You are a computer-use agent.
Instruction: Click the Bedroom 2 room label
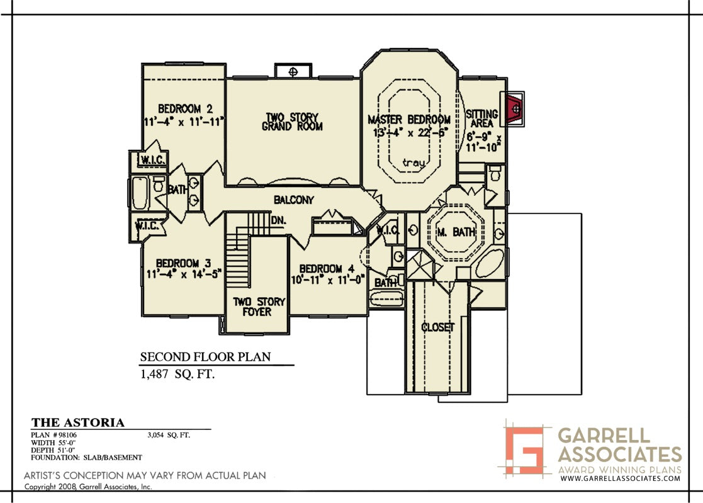(x=185, y=109)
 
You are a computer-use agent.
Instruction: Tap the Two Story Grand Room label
(x=292, y=122)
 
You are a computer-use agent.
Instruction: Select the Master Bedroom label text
(x=409, y=120)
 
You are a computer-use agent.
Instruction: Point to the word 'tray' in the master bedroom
(x=413, y=162)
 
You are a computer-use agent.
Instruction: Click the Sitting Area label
(x=482, y=118)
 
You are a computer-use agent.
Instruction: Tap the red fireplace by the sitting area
(x=514, y=109)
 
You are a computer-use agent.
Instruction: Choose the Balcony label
(x=294, y=200)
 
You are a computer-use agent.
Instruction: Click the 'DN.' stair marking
(x=278, y=220)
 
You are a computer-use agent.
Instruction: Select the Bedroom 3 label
(x=183, y=263)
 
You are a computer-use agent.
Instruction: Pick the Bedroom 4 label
(x=327, y=269)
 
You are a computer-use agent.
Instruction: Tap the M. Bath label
(x=456, y=232)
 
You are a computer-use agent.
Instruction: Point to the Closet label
(x=437, y=327)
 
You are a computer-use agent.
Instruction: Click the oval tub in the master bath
(x=490, y=263)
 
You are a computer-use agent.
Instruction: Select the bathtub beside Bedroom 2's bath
(x=140, y=193)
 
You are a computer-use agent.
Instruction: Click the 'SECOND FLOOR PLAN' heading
(x=205, y=357)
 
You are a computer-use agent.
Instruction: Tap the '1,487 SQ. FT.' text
(x=177, y=375)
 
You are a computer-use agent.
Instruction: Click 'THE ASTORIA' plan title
(x=78, y=422)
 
